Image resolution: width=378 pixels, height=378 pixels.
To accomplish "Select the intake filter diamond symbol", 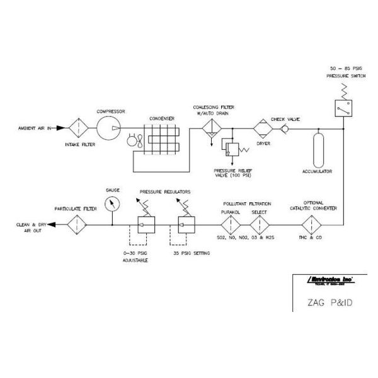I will (78, 129).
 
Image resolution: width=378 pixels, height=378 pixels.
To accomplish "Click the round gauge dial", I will (112, 203).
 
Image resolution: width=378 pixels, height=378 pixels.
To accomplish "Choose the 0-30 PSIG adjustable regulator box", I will (144, 224).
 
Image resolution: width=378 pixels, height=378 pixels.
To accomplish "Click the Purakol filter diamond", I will (230, 224).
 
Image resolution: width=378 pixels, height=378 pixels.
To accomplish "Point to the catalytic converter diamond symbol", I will (310, 224).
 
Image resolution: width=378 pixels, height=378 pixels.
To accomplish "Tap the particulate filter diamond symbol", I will (78, 224).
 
